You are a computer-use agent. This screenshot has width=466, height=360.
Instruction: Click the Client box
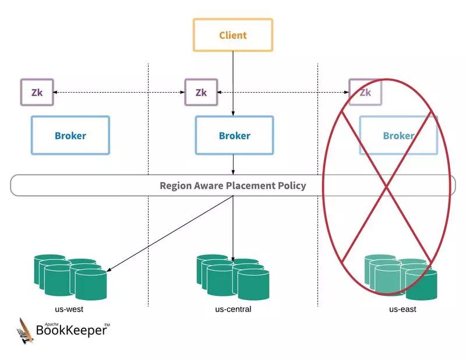pyautogui.click(x=233, y=35)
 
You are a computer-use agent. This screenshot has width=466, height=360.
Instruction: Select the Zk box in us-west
pyautogui.click(x=37, y=92)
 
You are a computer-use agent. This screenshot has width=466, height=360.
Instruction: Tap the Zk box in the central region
pyautogui.click(x=201, y=92)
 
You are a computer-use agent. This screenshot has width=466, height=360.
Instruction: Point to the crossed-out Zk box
pyautogui.click(x=365, y=92)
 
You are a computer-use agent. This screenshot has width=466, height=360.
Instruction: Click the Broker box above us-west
pyautogui.click(x=70, y=136)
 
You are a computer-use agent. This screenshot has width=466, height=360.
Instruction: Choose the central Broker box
pyautogui.click(x=234, y=136)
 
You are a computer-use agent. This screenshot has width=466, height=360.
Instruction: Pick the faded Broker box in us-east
pyautogui.click(x=398, y=136)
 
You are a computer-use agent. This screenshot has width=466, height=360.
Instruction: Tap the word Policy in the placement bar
pyautogui.click(x=291, y=186)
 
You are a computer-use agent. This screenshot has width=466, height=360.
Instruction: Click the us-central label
pyautogui.click(x=233, y=309)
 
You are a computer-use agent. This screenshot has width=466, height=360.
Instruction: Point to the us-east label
pyautogui.click(x=403, y=309)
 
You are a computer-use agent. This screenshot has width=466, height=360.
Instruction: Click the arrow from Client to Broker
pyautogui.click(x=233, y=82)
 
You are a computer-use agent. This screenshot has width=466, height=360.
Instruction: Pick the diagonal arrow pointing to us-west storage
pyautogui.click(x=169, y=233)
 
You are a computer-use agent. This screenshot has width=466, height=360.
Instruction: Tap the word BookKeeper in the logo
pyautogui.click(x=72, y=330)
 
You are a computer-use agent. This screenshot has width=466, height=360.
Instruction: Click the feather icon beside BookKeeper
pyautogui.click(x=25, y=330)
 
